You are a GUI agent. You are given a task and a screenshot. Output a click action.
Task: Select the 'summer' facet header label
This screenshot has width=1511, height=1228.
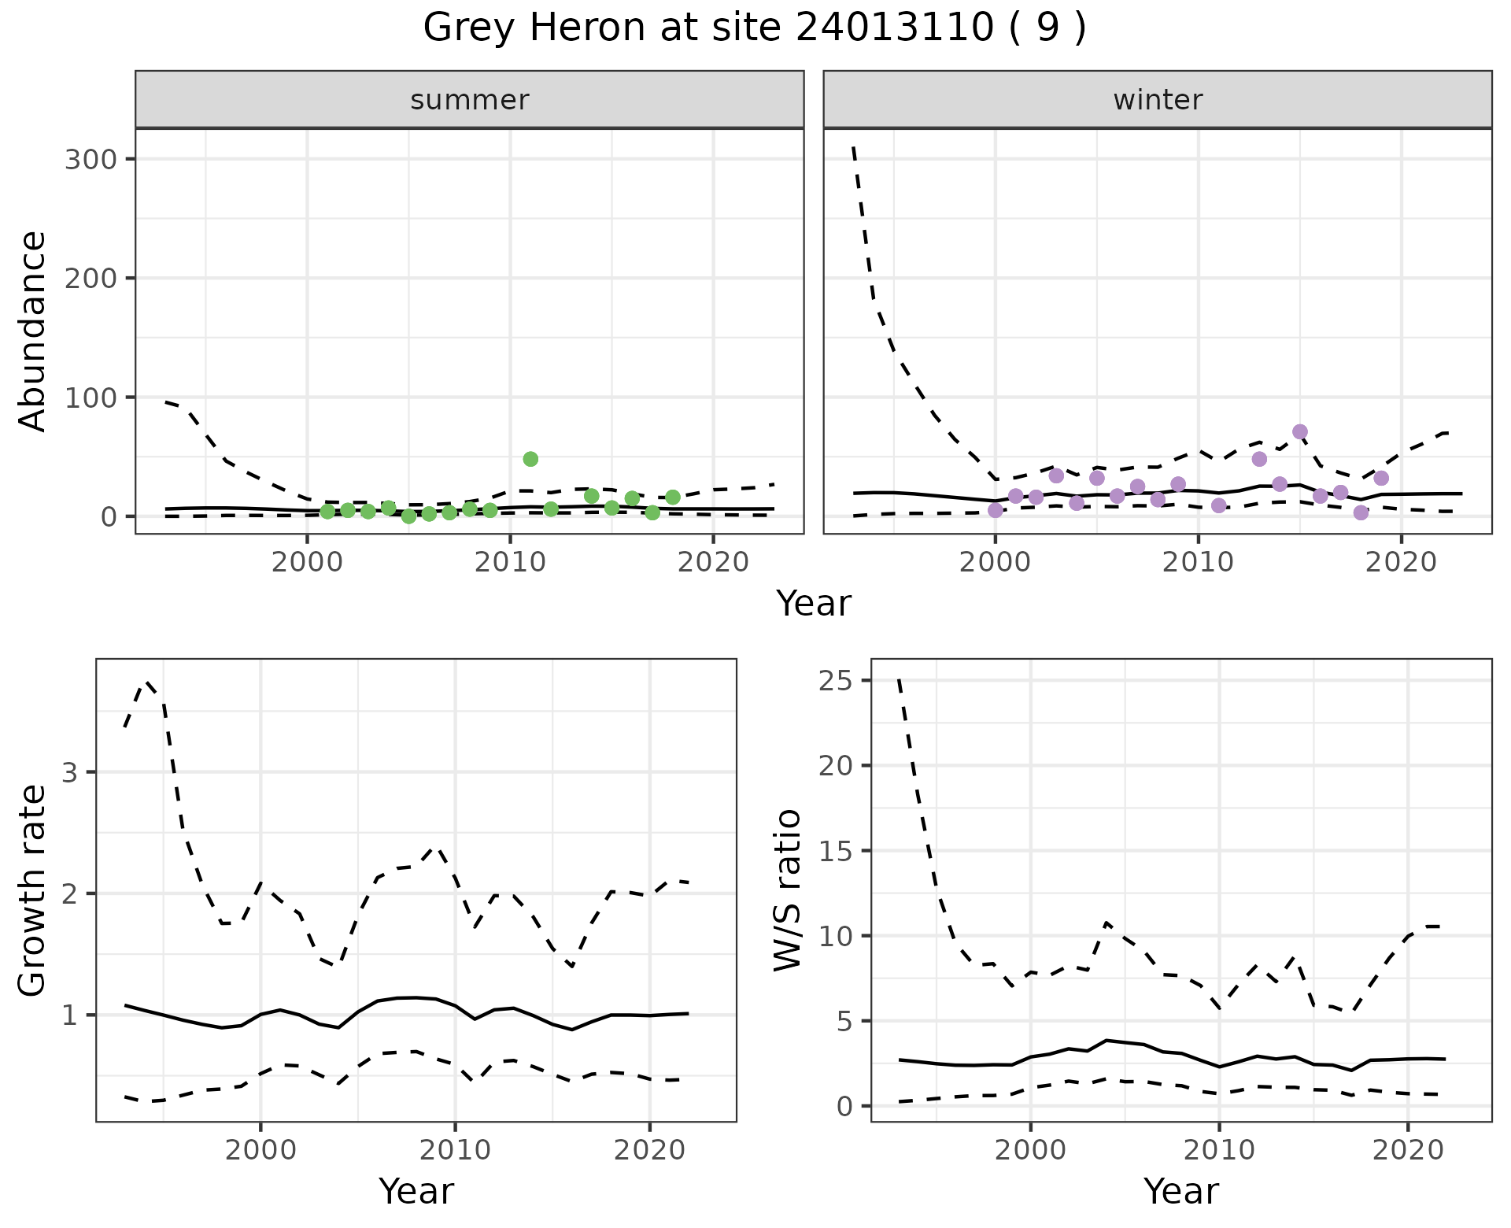(x=470, y=100)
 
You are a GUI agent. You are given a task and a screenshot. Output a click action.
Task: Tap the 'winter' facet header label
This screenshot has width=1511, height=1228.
(x=1158, y=100)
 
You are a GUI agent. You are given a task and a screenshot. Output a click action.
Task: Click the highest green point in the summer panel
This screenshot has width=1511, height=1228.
(x=530, y=459)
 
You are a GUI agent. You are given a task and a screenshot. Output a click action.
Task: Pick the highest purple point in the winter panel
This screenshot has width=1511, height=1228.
(x=1300, y=431)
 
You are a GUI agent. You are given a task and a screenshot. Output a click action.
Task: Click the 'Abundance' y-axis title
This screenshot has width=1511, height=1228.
(x=32, y=331)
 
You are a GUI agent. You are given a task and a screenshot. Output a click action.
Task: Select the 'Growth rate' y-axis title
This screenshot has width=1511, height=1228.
(x=32, y=890)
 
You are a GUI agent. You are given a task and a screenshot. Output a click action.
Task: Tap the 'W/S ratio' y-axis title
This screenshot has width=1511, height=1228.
(x=788, y=890)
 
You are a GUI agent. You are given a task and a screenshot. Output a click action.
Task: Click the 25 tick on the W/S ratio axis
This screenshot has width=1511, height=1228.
(x=836, y=680)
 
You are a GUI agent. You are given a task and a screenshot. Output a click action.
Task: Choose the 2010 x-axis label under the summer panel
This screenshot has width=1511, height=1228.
(x=510, y=563)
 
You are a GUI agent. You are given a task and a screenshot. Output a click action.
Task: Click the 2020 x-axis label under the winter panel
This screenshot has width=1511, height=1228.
(x=1401, y=563)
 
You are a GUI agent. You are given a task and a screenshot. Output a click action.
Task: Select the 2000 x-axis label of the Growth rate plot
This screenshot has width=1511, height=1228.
(x=260, y=1150)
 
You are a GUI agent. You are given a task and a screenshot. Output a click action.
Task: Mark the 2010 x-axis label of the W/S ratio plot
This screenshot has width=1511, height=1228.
(x=1219, y=1150)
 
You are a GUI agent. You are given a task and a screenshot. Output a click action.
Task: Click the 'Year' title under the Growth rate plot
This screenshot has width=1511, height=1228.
(x=416, y=1191)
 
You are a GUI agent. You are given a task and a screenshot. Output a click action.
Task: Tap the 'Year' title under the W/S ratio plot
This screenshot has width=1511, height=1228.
(x=1181, y=1191)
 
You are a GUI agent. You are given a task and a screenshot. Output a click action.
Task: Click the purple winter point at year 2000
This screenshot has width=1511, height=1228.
(x=996, y=510)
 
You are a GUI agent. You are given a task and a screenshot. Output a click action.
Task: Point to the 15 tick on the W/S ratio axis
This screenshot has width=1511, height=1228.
(x=836, y=851)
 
